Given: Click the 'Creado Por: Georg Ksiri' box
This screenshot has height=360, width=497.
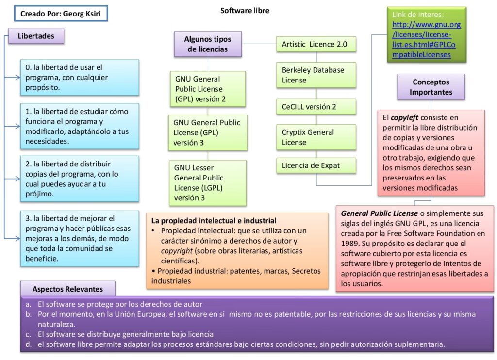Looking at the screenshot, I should click(61, 14).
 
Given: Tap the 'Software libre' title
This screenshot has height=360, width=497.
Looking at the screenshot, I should click(245, 10).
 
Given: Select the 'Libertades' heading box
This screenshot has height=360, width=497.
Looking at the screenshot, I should click(36, 35).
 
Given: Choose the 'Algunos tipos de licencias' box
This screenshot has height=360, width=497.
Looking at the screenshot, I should click(208, 44).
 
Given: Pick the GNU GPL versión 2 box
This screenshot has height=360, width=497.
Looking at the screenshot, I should click(208, 89).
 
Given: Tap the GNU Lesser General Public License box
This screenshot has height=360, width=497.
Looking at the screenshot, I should click(208, 182).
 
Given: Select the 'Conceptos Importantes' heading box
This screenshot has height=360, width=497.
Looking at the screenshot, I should click(431, 87).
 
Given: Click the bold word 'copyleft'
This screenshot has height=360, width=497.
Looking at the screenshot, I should click(405, 117).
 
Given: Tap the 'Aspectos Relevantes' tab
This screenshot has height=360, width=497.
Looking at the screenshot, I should click(67, 289).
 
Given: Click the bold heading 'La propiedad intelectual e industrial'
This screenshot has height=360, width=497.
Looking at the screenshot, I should click(214, 220).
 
